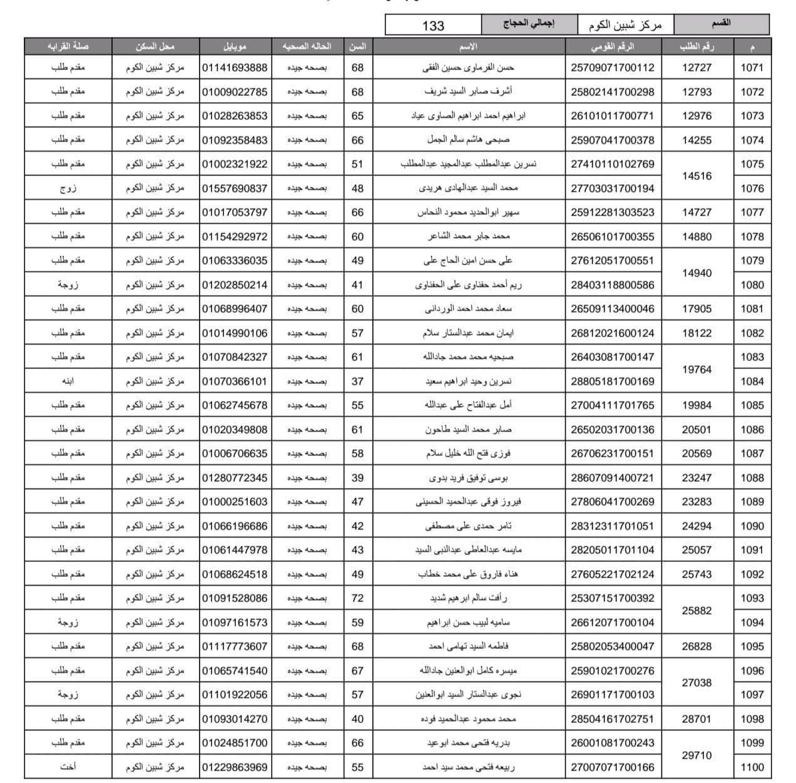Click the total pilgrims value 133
pos(433,25)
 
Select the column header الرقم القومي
pos(613,46)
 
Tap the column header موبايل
pos(235,46)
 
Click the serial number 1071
pos(752,68)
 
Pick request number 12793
pos(696,92)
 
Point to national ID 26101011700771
pos(613,116)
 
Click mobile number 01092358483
pos(235,140)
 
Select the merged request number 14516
pos(696,176)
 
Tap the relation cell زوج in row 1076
pos(68,189)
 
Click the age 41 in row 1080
pos(357,285)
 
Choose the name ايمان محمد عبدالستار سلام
pos(469,333)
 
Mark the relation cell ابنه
pos(68,381)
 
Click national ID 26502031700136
pos(613,430)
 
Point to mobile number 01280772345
pos(235,478)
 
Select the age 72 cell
pos(357,598)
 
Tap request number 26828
pos(696,646)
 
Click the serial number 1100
pos(752,767)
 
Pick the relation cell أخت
pos(68,767)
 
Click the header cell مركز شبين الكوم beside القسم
pos(625,25)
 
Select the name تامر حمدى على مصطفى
pos(469,526)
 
